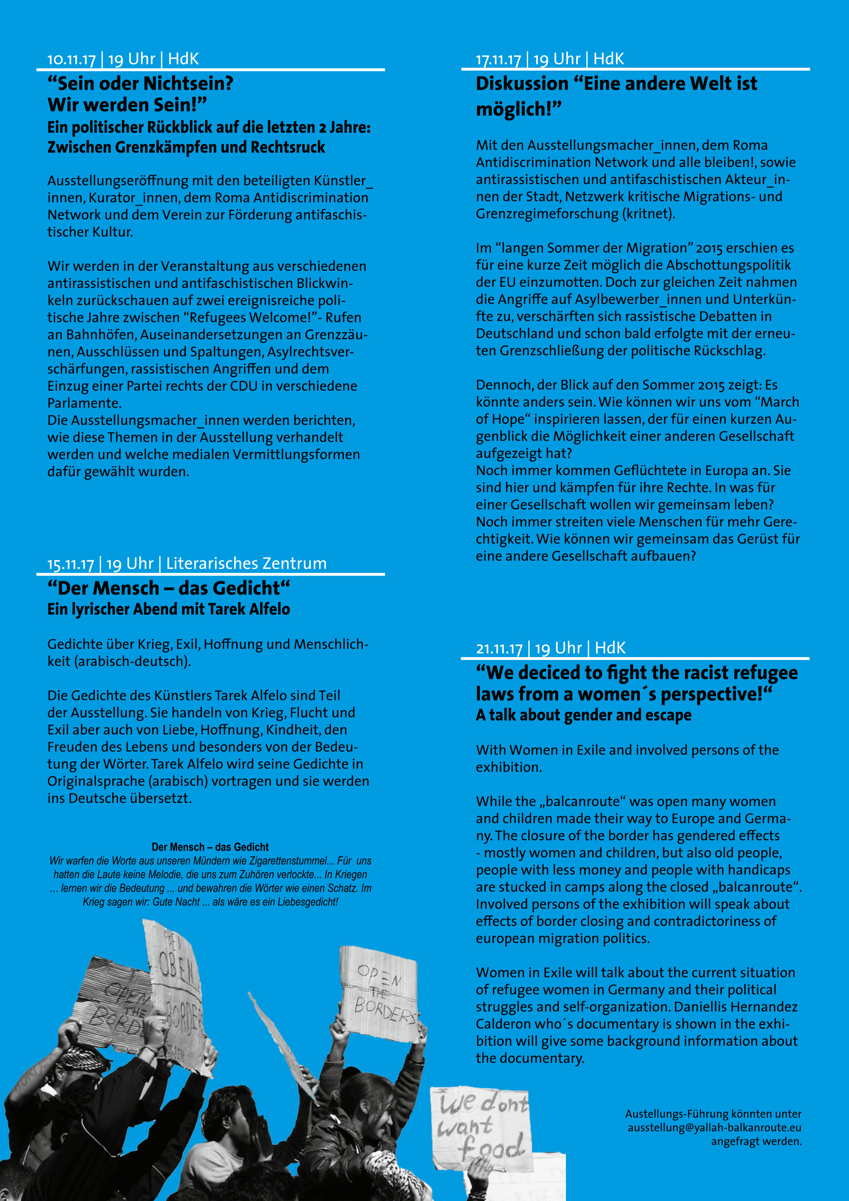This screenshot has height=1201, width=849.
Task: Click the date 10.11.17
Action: (x=72, y=59)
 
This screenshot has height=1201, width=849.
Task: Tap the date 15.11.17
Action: (x=71, y=564)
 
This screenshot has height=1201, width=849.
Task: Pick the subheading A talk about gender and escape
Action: (x=583, y=715)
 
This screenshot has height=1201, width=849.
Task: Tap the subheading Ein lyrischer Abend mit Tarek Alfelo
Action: (x=168, y=609)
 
